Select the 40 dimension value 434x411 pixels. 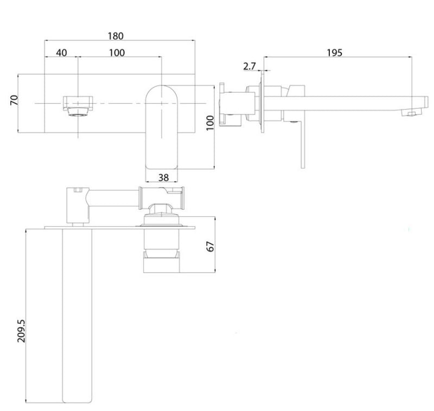click(x=61, y=53)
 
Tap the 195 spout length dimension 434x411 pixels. click(x=335, y=53)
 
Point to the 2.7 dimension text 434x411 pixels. click(x=250, y=66)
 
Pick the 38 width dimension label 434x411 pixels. click(x=163, y=176)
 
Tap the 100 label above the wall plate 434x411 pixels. click(x=117, y=53)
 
